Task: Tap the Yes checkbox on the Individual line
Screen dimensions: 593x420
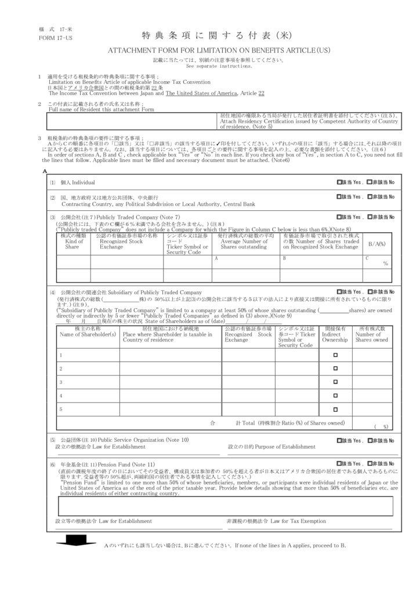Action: pyautogui.click(x=339, y=182)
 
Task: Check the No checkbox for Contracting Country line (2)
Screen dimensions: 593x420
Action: pyautogui.click(x=370, y=198)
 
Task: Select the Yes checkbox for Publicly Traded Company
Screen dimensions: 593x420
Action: pyautogui.click(x=339, y=217)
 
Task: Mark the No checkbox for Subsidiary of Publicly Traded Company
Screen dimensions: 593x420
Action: pyautogui.click(x=370, y=292)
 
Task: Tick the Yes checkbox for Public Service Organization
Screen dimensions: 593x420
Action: pyautogui.click(x=339, y=441)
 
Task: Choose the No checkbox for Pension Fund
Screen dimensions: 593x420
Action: pyautogui.click(x=370, y=464)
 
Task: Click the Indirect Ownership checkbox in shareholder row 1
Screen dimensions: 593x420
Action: pyautogui.click(x=335, y=355)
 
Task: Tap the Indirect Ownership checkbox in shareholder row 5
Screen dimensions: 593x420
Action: pyautogui.click(x=335, y=409)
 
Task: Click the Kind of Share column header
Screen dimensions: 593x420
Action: pyautogui.click(x=73, y=244)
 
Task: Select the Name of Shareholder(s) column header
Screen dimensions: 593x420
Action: pyautogui.click(x=88, y=334)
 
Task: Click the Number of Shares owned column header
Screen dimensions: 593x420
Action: pyautogui.click(x=372, y=334)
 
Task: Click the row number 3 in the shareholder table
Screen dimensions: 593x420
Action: pyautogui.click(x=61, y=382)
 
